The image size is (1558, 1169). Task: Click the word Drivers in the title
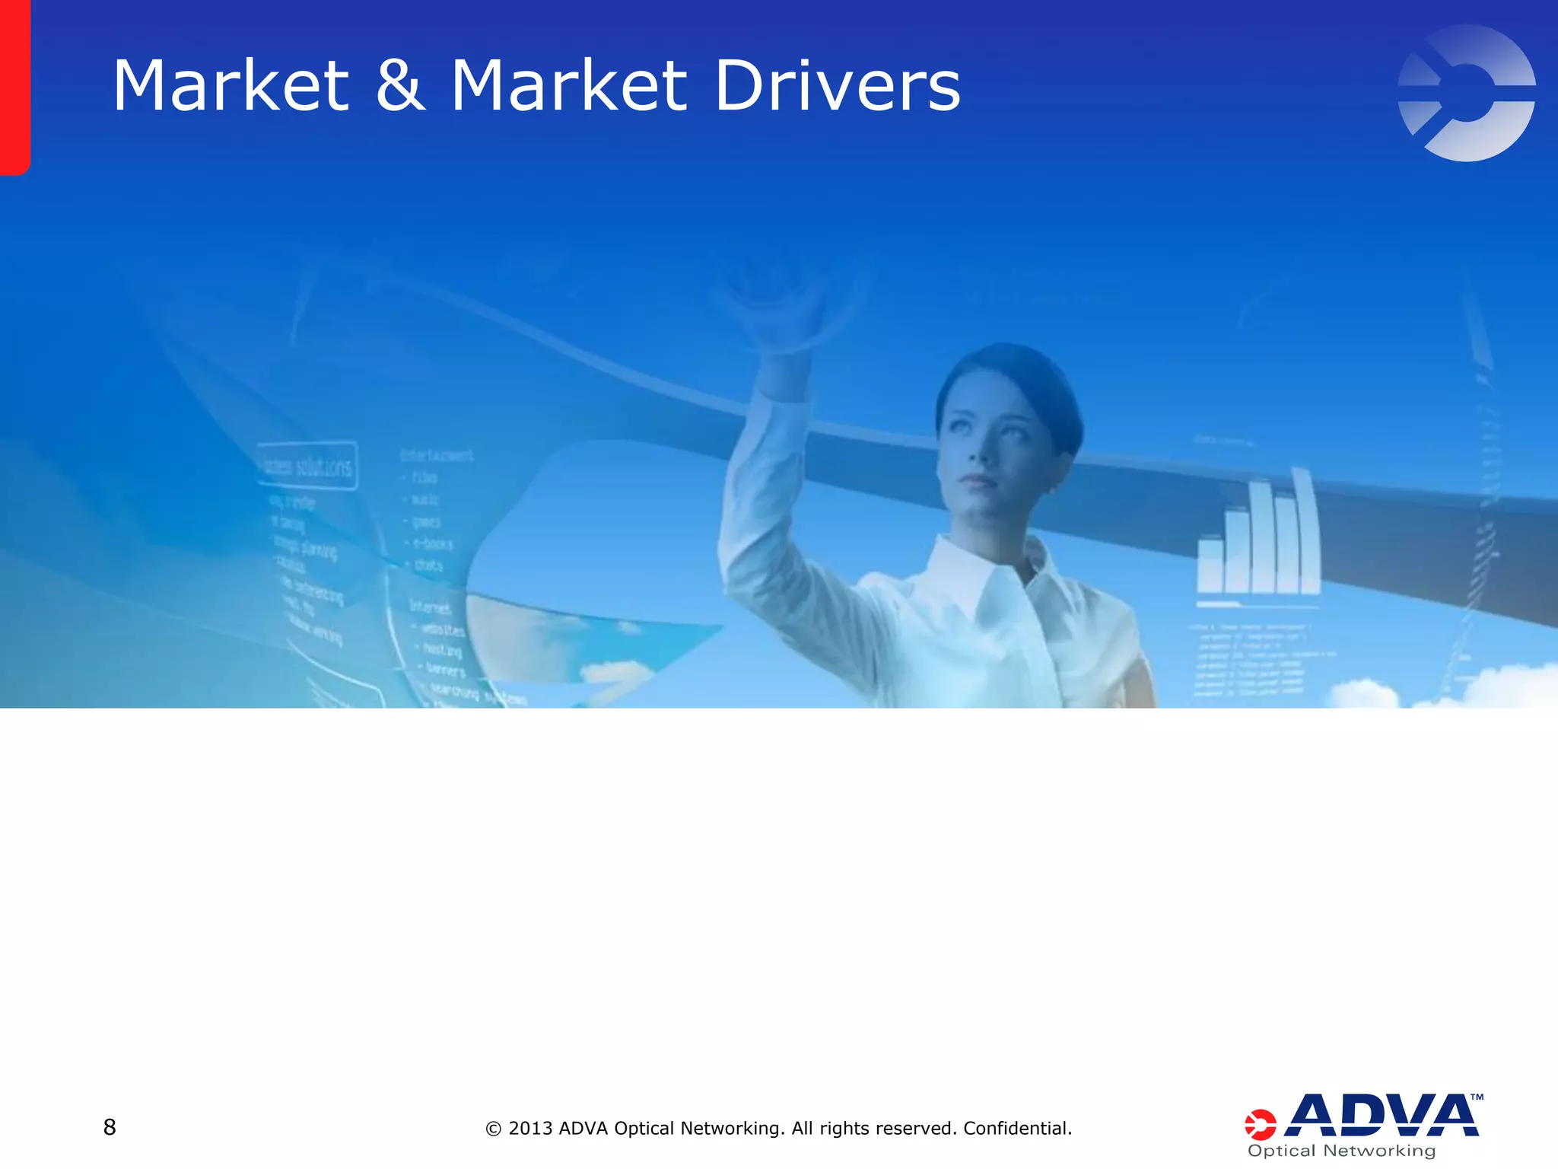(x=838, y=86)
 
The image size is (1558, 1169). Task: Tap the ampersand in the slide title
(x=400, y=86)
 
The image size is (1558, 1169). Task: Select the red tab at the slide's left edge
(x=14, y=88)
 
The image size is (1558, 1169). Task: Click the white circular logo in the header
(x=1466, y=93)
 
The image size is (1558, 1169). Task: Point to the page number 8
(x=110, y=1127)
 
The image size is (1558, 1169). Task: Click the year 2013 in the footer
(x=531, y=1128)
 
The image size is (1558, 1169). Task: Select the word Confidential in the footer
(x=1017, y=1128)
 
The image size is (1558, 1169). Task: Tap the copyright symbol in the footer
(x=493, y=1129)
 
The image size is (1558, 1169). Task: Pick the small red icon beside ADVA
(x=1260, y=1124)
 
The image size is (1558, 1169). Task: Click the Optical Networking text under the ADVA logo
(x=1341, y=1151)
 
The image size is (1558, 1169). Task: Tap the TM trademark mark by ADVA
(x=1477, y=1097)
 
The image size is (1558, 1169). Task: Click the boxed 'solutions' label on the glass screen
(x=307, y=465)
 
